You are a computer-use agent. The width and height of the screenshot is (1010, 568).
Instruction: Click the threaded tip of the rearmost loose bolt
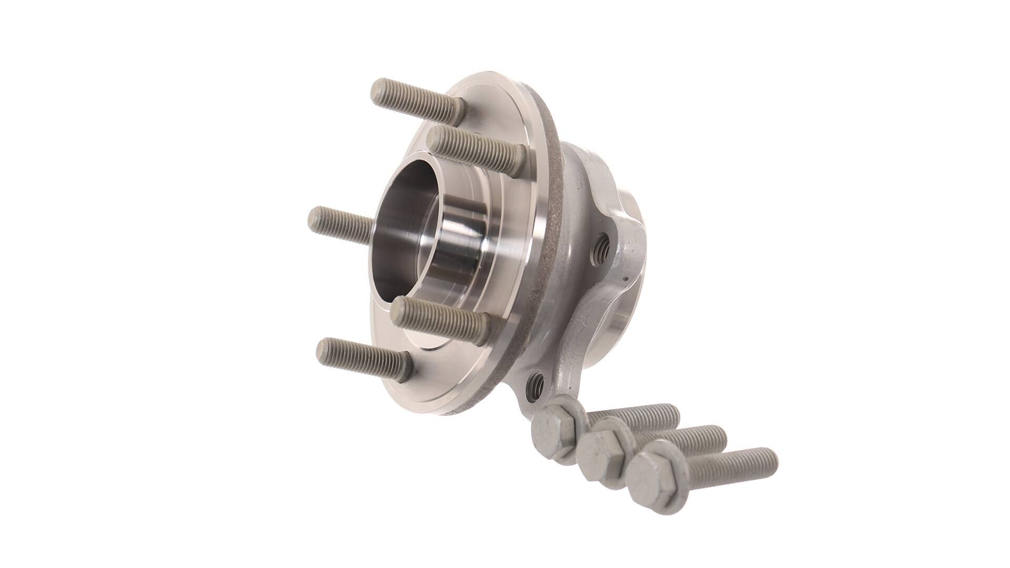(668, 410)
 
